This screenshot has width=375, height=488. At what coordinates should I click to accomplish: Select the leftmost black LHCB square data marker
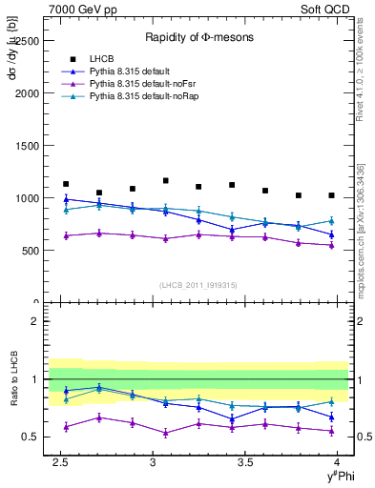65,184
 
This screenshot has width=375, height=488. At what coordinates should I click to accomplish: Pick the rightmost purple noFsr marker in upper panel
331,245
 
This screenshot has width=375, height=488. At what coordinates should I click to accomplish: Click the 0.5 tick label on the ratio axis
30,437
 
